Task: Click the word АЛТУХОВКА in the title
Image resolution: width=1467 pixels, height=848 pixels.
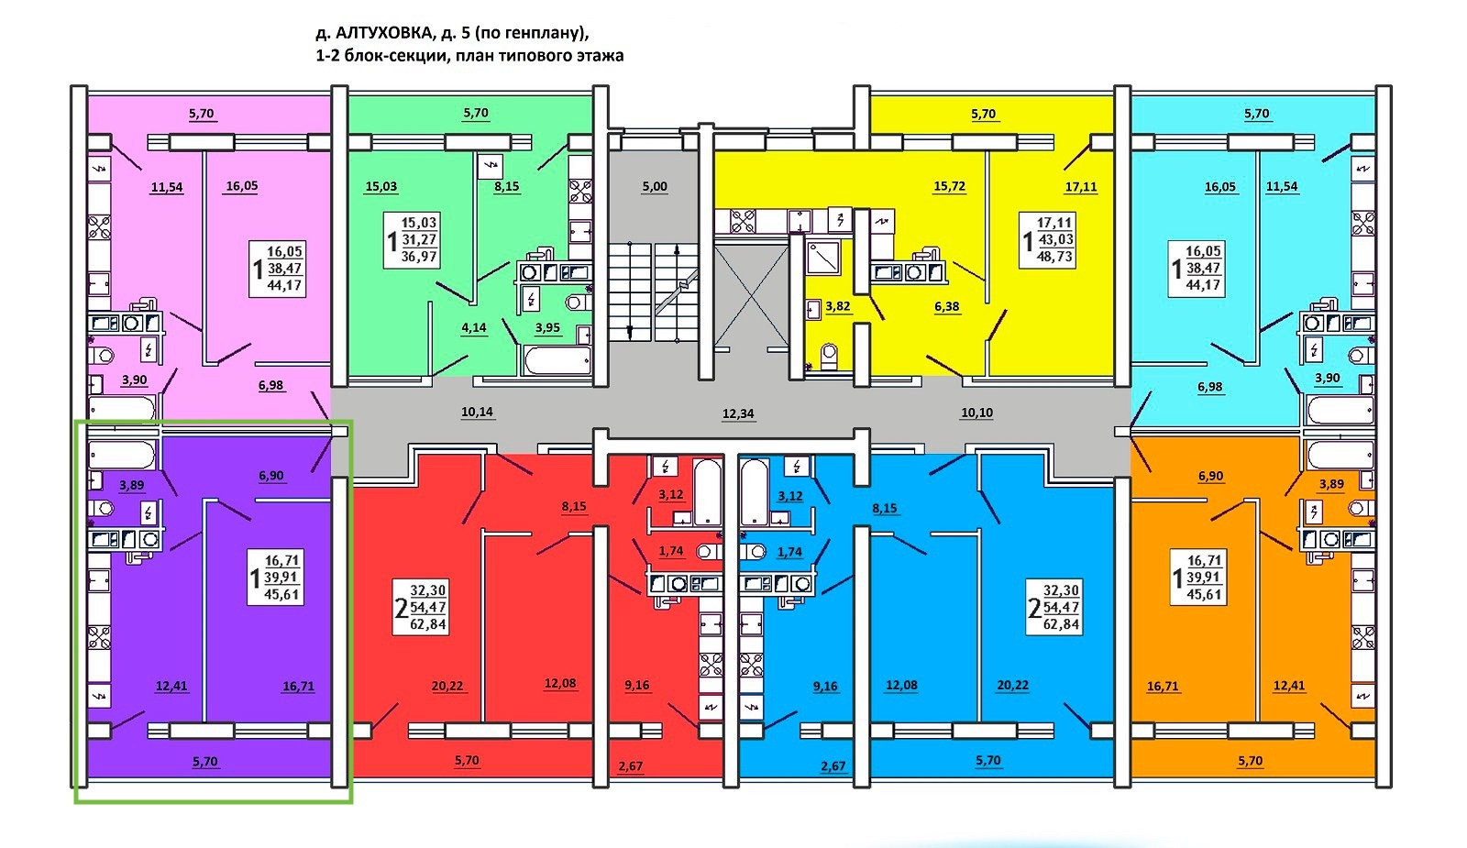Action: point(384,34)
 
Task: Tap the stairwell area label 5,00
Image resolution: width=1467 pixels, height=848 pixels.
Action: point(655,186)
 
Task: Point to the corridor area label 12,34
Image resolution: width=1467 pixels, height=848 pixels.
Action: point(738,413)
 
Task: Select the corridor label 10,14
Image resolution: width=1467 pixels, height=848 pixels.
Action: point(477,413)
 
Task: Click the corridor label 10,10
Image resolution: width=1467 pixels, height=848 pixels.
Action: point(976,413)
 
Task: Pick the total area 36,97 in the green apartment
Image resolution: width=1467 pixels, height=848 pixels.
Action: point(419,257)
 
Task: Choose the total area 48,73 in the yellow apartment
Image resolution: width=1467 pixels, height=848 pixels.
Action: point(1054,257)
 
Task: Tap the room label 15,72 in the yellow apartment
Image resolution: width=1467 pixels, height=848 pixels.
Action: point(949,186)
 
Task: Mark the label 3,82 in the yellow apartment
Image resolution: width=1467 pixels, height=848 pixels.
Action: point(837,306)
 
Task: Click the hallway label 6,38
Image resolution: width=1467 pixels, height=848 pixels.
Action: point(947,306)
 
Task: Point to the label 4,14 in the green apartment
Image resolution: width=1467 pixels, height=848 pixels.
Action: point(474,327)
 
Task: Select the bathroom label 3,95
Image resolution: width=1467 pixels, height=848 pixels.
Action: point(547,327)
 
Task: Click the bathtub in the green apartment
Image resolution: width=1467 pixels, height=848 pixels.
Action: point(557,360)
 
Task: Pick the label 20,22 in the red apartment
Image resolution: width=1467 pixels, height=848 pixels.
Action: point(447,686)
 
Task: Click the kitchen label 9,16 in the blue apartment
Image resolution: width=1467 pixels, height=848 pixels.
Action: point(825,686)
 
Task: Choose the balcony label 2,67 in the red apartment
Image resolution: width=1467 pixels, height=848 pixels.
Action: point(631,766)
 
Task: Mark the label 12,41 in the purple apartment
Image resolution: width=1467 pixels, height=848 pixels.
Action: point(171,686)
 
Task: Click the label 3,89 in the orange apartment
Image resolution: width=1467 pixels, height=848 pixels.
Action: point(1331,484)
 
